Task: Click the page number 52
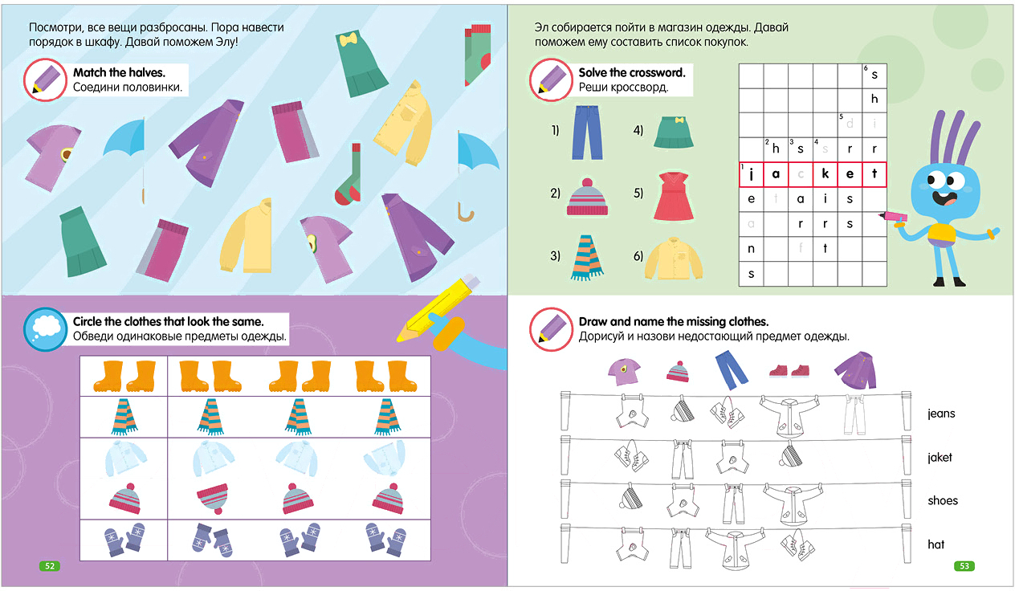coord(50,565)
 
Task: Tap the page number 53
coord(964,565)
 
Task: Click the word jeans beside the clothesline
coord(941,414)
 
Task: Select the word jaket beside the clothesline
coord(940,457)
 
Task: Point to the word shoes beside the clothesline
coord(943,500)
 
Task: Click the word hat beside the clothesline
coord(936,544)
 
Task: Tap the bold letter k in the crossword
coord(825,173)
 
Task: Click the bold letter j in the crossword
coord(752,174)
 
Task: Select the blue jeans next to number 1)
coord(587,132)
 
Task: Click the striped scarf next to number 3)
coord(587,258)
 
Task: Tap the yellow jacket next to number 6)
coord(674,259)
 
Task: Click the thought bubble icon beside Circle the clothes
coord(45,329)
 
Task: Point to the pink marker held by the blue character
coord(893,217)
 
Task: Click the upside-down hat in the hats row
coord(212,499)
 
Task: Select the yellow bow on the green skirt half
coord(348,39)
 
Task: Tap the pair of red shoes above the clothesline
coord(789,371)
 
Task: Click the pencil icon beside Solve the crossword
coord(551,79)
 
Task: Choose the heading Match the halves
coord(119,72)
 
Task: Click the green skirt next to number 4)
coord(674,132)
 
